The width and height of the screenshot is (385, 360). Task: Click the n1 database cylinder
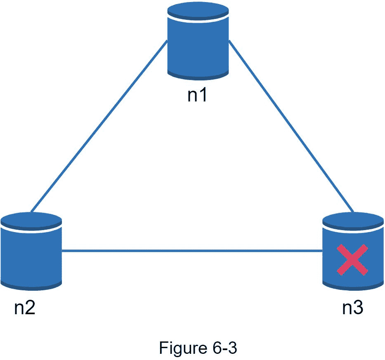point(198,43)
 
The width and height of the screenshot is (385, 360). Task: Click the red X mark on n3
point(352,260)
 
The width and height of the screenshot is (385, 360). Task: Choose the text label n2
point(25,308)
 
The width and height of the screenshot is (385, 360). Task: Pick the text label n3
point(353,308)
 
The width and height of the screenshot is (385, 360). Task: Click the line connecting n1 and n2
point(99,126)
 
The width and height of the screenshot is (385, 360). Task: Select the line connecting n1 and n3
point(291,126)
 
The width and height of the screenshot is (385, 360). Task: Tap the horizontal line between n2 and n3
point(192,250)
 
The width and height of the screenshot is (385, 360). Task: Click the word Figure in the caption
point(181,348)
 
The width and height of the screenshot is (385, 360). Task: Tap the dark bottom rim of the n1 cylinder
point(198,76)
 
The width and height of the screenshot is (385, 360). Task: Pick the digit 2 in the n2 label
point(30,308)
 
